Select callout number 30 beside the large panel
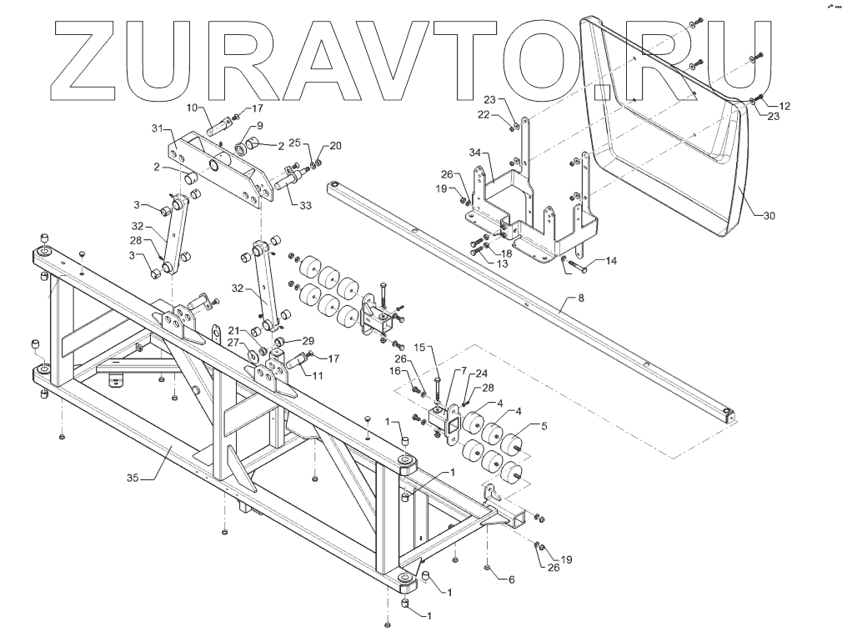(769, 215)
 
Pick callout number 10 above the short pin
(191, 108)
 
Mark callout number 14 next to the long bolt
(611, 261)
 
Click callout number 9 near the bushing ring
(258, 126)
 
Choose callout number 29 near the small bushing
(308, 341)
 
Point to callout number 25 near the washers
(293, 143)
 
